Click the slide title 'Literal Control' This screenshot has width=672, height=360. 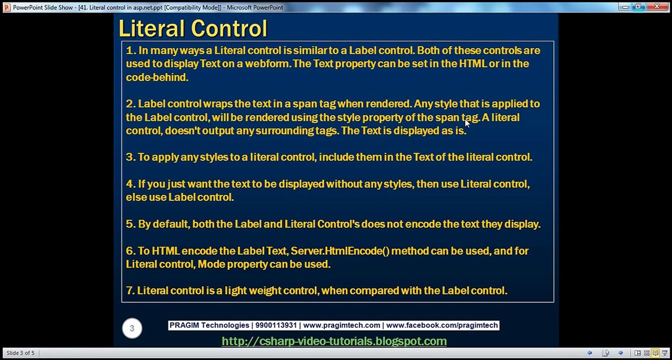coord(193,28)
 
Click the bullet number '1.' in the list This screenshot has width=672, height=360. coord(131,50)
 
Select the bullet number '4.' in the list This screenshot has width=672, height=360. coord(131,184)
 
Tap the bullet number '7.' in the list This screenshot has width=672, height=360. coord(130,290)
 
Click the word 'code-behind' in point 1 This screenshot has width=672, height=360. coord(156,77)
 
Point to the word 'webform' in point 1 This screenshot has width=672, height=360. coord(267,64)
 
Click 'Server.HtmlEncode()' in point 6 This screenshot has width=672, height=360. coord(340,251)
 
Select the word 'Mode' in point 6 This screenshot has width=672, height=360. coord(211,264)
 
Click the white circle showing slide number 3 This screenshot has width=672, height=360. coord(132,328)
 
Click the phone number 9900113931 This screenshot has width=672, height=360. coord(276,325)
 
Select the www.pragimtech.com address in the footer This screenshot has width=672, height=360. coord(342,325)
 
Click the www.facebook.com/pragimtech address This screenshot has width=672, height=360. coord(442,325)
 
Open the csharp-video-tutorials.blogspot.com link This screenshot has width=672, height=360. coord(334,341)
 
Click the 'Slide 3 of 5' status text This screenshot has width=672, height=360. coord(20,353)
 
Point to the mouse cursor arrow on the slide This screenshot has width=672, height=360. coord(467,123)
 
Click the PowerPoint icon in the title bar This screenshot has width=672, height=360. coord(6,7)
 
